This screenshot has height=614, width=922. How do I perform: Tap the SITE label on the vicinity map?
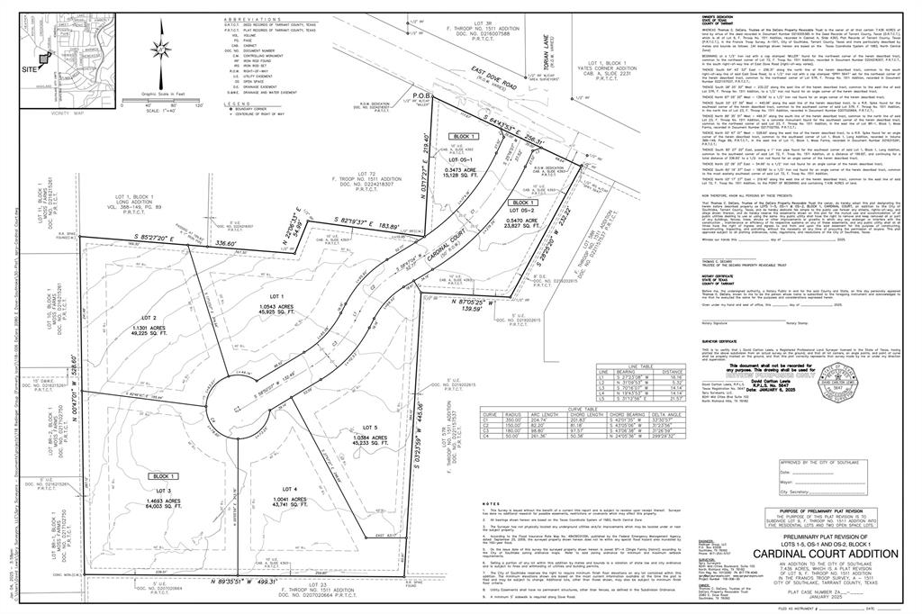pyautogui.click(x=30, y=68)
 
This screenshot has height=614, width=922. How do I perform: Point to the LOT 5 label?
pyautogui.click(x=370, y=428)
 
